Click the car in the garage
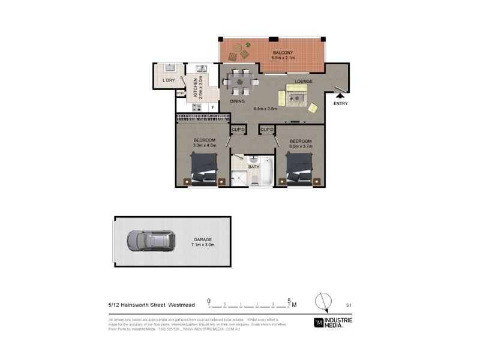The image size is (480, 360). point(151,241)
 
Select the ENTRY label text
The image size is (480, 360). point(340,103)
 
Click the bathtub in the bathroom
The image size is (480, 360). point(267,172)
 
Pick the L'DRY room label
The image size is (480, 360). point(169,80)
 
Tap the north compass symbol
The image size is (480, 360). point(323,301)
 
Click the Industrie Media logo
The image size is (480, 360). point(333,322)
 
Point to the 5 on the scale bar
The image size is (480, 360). point(290,300)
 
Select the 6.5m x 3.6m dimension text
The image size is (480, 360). point(265,109)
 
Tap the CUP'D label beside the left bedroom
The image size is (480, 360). point(238,130)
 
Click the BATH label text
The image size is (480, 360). point(253,167)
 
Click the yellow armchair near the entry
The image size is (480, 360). point(313,108)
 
